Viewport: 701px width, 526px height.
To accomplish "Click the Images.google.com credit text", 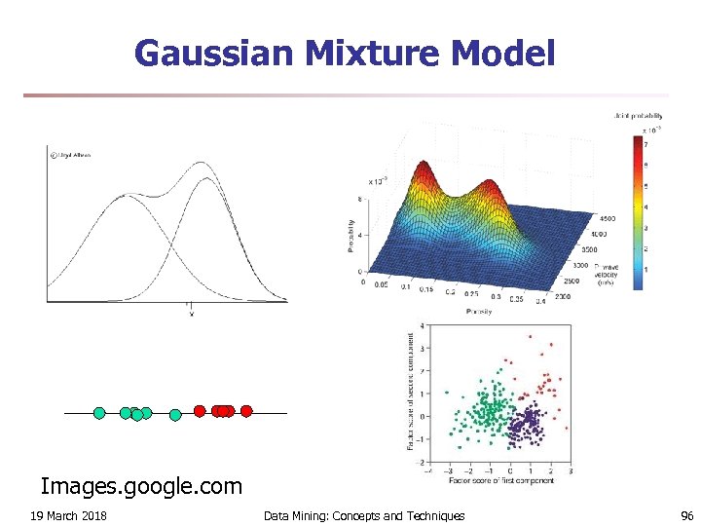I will [141, 484].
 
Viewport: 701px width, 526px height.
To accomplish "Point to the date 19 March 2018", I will [68, 515].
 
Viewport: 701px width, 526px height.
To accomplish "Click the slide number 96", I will [685, 515].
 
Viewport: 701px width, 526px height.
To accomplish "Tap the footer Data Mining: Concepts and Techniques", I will [364, 515].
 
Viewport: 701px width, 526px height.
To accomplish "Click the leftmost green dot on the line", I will [99, 413].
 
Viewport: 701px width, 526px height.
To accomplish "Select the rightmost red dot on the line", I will [246, 411].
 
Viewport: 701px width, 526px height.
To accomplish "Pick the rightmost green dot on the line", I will [175, 415].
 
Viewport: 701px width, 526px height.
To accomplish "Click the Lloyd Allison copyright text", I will [70, 154].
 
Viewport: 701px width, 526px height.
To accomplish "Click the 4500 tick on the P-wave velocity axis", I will [605, 219].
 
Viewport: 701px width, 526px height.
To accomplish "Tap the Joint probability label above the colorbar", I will [638, 117].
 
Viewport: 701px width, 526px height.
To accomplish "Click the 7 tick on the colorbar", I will [646, 145].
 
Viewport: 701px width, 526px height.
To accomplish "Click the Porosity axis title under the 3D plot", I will [477, 312].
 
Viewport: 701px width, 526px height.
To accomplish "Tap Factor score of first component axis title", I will [500, 480].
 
